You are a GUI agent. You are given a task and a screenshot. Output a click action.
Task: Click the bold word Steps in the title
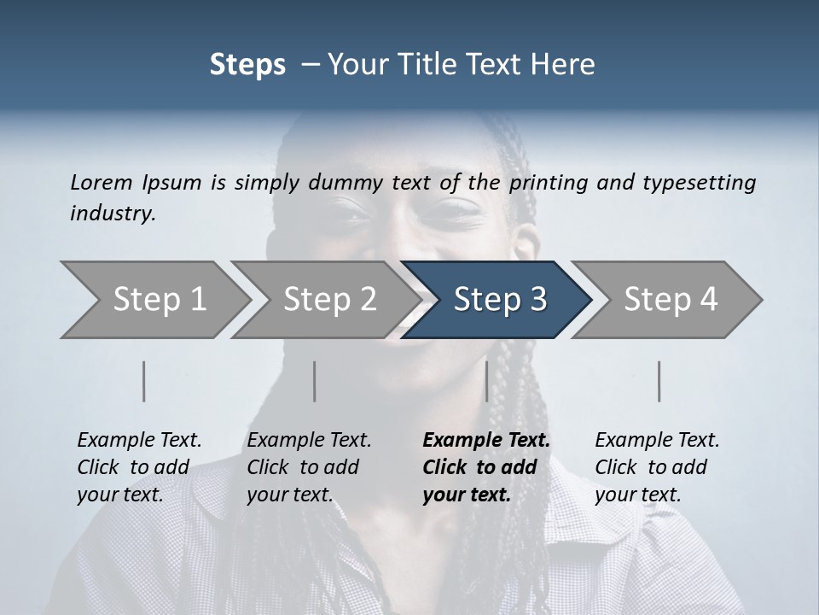point(247,64)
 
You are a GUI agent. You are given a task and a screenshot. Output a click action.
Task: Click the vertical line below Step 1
point(144,381)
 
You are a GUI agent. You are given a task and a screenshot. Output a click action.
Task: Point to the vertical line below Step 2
point(315,381)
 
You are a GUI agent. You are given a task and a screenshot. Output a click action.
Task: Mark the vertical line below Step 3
point(486,381)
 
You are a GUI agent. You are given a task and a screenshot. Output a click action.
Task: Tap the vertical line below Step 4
point(659,381)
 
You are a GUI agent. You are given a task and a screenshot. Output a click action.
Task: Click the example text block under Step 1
point(139,467)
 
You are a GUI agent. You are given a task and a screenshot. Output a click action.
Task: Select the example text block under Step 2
point(309,467)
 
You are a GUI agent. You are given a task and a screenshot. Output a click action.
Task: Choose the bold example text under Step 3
point(486,467)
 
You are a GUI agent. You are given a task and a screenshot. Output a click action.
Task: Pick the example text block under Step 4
point(657,467)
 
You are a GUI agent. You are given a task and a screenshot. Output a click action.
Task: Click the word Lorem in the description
point(102,182)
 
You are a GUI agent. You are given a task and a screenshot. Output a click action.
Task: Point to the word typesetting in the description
point(699,184)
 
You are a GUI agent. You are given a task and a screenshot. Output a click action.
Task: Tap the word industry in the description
point(112,214)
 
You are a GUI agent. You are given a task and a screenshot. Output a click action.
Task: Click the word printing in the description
point(546,184)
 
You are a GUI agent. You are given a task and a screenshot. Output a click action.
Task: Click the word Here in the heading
point(566,64)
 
